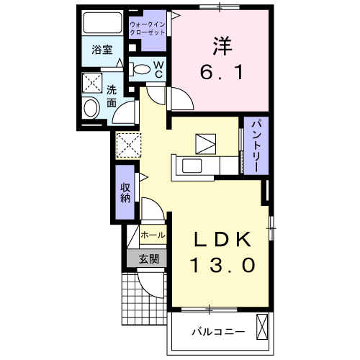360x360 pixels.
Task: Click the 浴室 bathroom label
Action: click(x=102, y=50)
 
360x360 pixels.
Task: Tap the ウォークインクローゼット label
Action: click(x=148, y=30)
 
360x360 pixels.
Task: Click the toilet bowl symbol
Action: click(x=143, y=71)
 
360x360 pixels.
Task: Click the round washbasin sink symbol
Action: click(x=91, y=109)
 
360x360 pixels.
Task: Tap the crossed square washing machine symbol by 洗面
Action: click(x=91, y=84)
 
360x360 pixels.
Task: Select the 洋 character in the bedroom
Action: click(x=222, y=45)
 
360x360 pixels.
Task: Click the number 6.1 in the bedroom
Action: click(x=222, y=72)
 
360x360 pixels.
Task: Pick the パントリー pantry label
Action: click(x=255, y=145)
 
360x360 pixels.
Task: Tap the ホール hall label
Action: click(x=152, y=235)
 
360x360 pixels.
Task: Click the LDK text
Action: click(x=221, y=240)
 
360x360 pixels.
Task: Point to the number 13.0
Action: click(x=222, y=266)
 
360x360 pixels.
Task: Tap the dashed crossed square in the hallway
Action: click(x=130, y=145)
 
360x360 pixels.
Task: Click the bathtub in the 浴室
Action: click(x=102, y=23)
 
